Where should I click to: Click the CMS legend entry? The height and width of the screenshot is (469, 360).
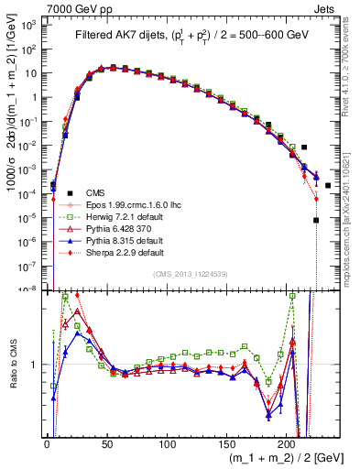click(x=94, y=192)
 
